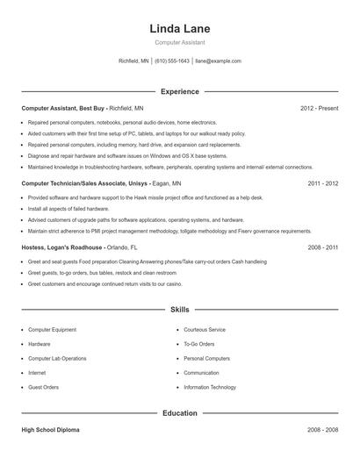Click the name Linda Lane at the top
(x=180, y=29)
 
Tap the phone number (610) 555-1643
(x=172, y=61)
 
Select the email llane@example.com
(x=218, y=61)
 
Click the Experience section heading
(x=180, y=91)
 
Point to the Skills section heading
(x=180, y=310)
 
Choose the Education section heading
(x=180, y=412)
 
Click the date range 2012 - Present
(x=319, y=108)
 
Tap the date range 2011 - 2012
(x=322, y=184)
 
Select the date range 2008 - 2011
(x=322, y=248)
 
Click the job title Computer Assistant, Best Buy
(x=65, y=108)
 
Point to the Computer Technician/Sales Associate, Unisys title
(x=76, y=184)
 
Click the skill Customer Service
(x=205, y=330)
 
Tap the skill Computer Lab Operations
(x=57, y=359)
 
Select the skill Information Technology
(x=210, y=387)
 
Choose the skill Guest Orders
(x=44, y=387)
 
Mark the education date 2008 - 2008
(x=322, y=431)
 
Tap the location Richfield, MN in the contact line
(x=133, y=61)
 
